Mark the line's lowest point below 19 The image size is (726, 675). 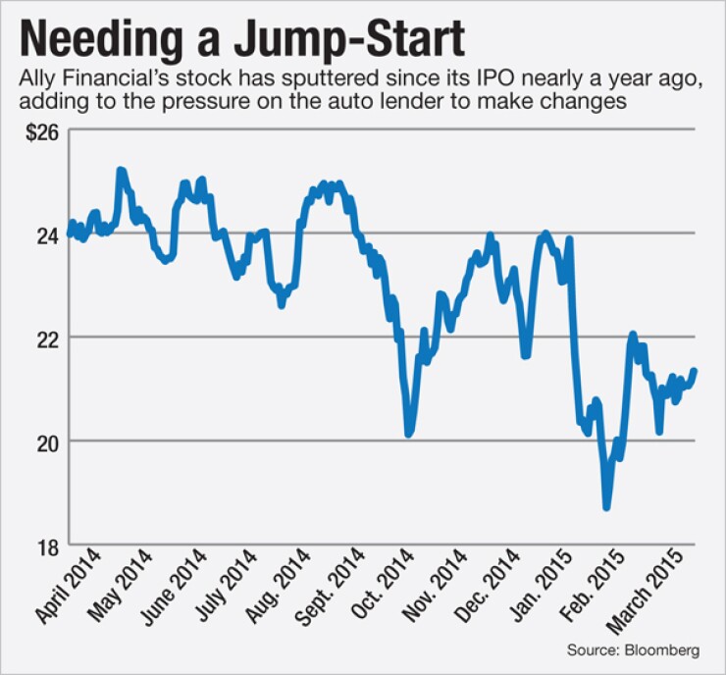pyautogui.click(x=607, y=507)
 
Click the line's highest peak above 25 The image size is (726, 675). pyautogui.click(x=121, y=171)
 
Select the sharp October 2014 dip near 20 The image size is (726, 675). pyautogui.click(x=409, y=433)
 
